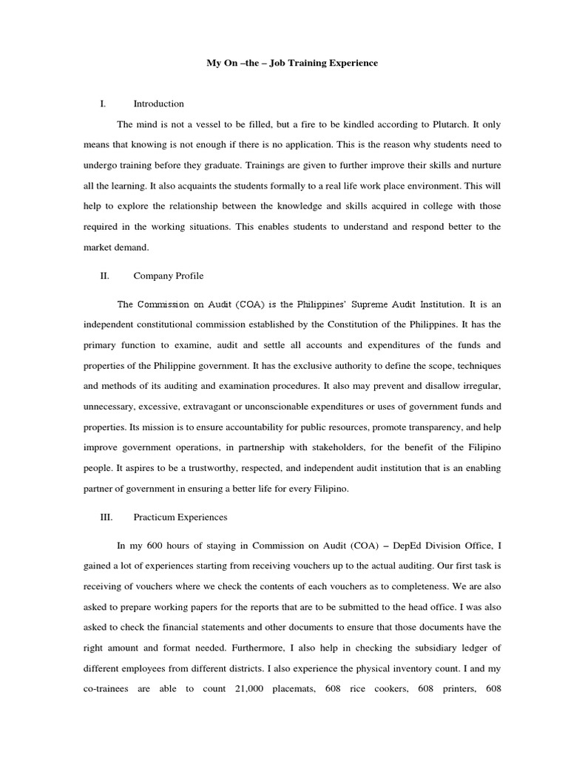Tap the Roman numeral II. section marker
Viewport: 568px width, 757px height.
[x=104, y=276]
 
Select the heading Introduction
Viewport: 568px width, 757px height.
[x=158, y=103]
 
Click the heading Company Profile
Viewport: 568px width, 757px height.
[x=168, y=276]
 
